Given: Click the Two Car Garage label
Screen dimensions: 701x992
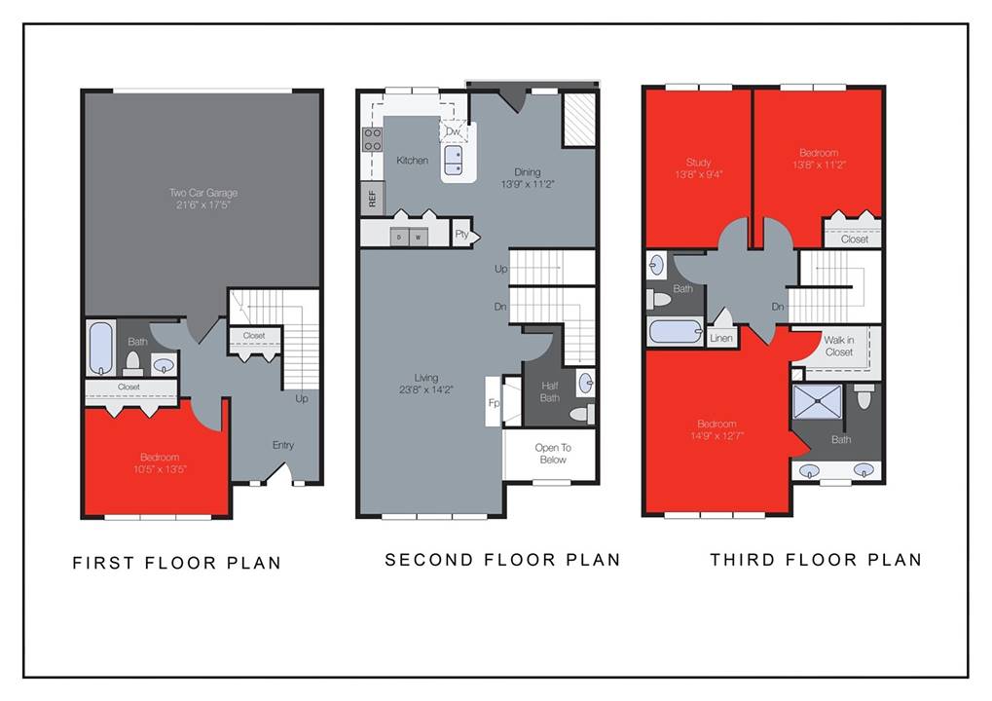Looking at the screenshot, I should [202, 193].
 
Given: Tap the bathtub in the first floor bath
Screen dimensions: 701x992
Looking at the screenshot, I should [101, 349].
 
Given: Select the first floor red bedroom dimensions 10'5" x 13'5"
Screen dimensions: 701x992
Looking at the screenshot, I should [159, 469].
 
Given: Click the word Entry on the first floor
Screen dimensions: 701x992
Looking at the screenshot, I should [282, 445].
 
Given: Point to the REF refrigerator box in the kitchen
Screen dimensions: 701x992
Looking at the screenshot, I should [371, 199].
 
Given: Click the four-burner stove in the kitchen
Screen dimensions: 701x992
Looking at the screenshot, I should [372, 139].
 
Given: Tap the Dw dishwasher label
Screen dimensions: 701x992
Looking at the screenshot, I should [453, 131].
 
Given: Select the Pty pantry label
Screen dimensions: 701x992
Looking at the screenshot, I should [462, 234].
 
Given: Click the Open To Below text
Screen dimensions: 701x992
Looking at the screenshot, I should [551, 454].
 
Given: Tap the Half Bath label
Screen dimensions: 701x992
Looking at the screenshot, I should [550, 390].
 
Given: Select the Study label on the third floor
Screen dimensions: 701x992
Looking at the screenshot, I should [698, 163].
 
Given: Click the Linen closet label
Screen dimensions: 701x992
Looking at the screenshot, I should [720, 338].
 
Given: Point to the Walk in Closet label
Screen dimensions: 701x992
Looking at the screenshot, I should [838, 346].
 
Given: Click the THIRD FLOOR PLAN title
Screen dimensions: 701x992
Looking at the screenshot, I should [815, 560].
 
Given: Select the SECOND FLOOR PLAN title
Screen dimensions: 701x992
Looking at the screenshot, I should [502, 560].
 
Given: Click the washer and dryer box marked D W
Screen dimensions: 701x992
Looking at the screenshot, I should [408, 237].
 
